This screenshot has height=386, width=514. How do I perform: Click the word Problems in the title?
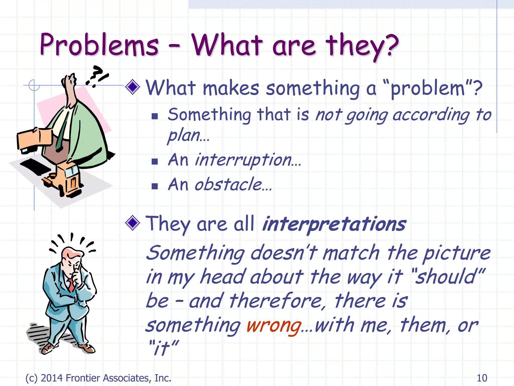tap(99, 45)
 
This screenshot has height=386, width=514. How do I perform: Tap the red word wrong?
tap(274, 326)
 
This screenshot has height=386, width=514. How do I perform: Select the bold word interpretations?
tap(334, 224)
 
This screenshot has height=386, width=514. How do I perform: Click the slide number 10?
tap(482, 378)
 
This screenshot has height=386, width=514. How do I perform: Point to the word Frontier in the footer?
tap(83, 378)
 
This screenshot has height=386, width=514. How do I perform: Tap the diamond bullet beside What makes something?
tap(133, 87)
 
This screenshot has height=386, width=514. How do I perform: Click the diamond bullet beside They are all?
tap(133, 223)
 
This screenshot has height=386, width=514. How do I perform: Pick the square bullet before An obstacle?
tap(155, 186)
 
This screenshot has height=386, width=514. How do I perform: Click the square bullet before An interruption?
tap(155, 161)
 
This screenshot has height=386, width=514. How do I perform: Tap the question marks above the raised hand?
tap(97, 75)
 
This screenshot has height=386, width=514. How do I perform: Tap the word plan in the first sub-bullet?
tap(184, 136)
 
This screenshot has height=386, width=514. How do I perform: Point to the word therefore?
tap(276, 301)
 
